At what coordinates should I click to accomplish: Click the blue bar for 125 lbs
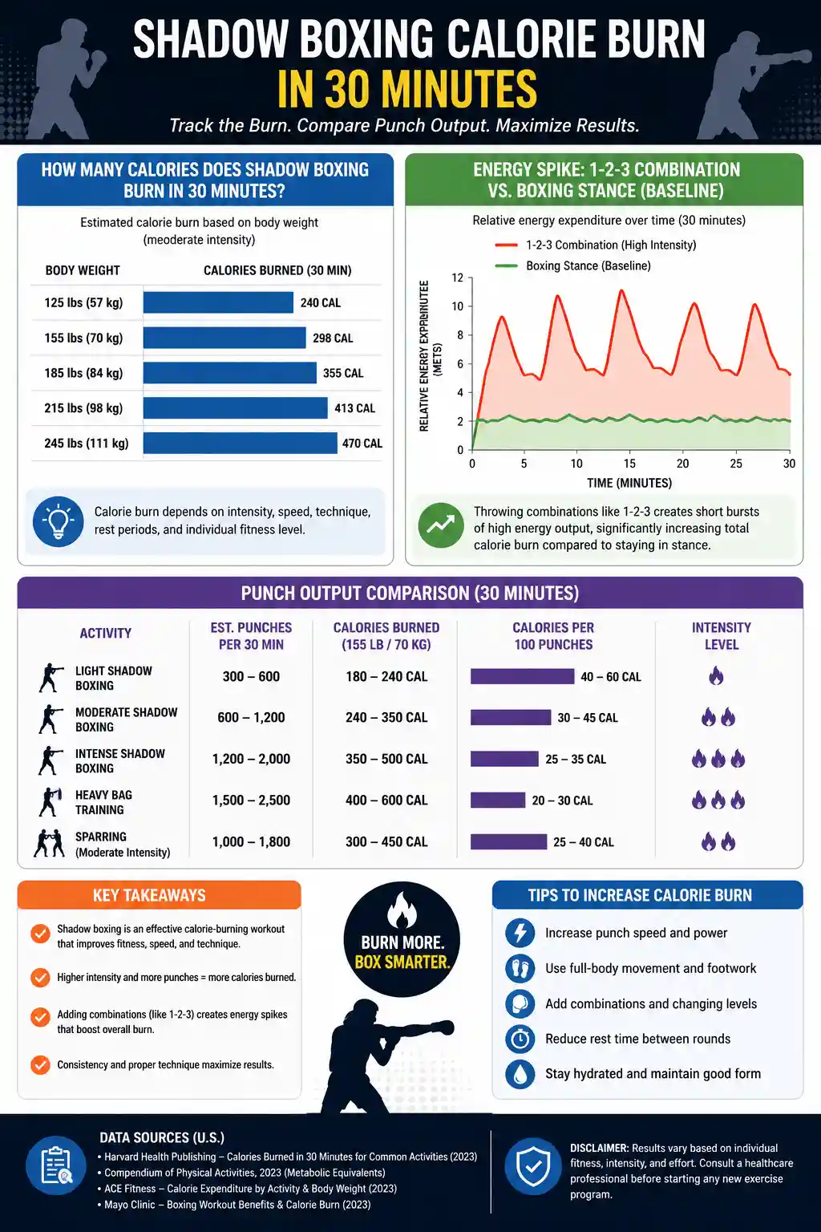coord(218,302)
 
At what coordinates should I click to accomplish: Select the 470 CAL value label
coord(362,444)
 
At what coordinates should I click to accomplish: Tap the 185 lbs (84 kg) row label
coord(83,373)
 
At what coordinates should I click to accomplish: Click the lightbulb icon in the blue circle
coord(58,521)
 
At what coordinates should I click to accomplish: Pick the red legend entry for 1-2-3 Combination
coord(595,245)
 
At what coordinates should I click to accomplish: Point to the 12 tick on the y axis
coord(458,278)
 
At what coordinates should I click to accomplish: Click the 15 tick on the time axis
coord(629,464)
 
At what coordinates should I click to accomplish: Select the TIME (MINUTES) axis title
coord(629,483)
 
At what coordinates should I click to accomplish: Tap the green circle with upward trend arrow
coord(440,525)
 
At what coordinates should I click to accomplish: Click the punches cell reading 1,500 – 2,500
coord(251,800)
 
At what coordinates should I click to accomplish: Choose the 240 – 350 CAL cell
coord(386,717)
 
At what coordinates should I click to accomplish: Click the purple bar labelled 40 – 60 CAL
coord(522,676)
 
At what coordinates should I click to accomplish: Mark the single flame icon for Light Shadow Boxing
coord(716,675)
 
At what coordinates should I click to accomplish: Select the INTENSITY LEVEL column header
coord(721,636)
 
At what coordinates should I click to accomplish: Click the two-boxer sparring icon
coord(49,844)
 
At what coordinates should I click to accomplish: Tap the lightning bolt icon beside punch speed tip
coord(520,933)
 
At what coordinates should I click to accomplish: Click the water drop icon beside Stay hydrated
coord(520,1074)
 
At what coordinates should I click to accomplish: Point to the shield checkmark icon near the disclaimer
coord(533,1166)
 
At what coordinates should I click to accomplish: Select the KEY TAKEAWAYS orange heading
coord(149,895)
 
